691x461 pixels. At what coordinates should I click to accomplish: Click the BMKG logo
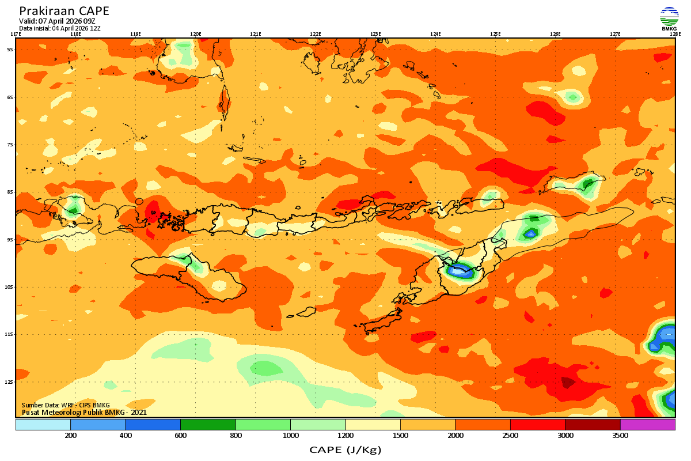[x=669, y=18]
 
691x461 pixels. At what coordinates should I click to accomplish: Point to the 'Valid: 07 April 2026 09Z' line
[x=57, y=21]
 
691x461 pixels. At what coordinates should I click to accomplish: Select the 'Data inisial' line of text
[x=60, y=28]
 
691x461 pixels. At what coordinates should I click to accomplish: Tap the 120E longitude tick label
[x=195, y=34]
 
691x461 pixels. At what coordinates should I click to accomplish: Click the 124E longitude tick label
[x=435, y=34]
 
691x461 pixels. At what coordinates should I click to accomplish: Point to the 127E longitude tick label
[x=615, y=34]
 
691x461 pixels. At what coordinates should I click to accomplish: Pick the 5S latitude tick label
[x=10, y=50]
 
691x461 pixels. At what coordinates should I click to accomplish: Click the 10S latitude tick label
[x=9, y=287]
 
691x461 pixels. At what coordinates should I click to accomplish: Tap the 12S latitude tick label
[x=9, y=381]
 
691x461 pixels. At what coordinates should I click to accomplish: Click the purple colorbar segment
[x=647, y=425]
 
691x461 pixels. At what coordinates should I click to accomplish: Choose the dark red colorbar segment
[x=593, y=425]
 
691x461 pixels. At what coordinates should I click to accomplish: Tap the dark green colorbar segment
[x=208, y=425]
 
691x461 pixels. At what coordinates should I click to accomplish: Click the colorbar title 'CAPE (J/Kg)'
[x=345, y=449]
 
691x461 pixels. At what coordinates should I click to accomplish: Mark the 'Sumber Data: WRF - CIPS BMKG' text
[x=66, y=405]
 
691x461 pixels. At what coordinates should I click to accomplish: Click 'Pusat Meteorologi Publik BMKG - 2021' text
[x=84, y=412]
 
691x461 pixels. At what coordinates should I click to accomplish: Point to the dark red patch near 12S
[x=568, y=382]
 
